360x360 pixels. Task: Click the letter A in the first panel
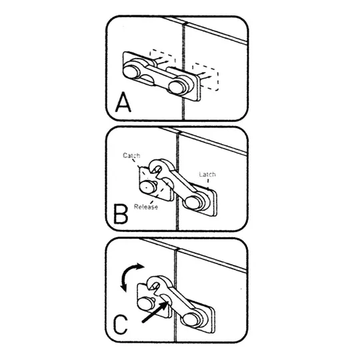[x=123, y=102]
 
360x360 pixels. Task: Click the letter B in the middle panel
[x=121, y=215]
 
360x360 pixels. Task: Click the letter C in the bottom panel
[x=121, y=325]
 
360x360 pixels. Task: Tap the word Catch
[x=131, y=155]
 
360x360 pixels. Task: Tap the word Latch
[x=207, y=174]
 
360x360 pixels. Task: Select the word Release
[x=146, y=207]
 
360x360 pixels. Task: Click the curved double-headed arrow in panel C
[x=129, y=275]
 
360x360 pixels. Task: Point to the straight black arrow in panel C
[x=155, y=312]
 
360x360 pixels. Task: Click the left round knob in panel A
[x=131, y=71]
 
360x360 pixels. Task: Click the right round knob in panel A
[x=177, y=87]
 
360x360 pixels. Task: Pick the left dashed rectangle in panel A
[x=162, y=60]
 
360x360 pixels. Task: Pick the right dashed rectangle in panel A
[x=205, y=77]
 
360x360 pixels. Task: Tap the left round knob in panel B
[x=147, y=187]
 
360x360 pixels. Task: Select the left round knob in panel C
[x=146, y=303]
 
